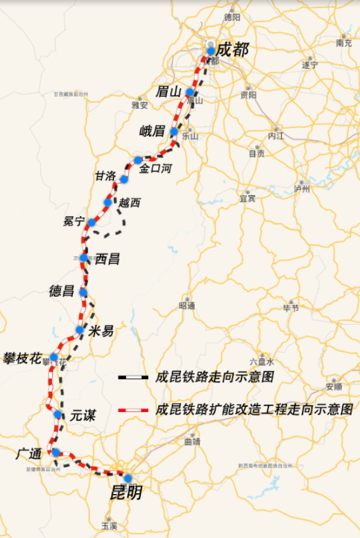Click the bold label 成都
pyautogui.click(x=233, y=51)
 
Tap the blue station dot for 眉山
pyautogui.click(x=190, y=92)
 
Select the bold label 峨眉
pyautogui.click(x=152, y=132)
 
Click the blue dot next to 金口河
pyautogui.click(x=138, y=159)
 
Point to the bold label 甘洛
pyautogui.click(x=104, y=177)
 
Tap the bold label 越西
pyautogui.click(x=130, y=202)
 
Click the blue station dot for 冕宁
pyautogui.click(x=90, y=223)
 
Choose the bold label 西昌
pyautogui.click(x=107, y=259)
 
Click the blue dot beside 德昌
pyautogui.click(x=83, y=292)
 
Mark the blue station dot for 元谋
pyautogui.click(x=57, y=414)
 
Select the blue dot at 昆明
pyautogui.click(x=127, y=478)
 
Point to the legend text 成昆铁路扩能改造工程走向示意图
pyautogui.click(x=253, y=410)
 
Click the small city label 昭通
pyautogui.click(x=186, y=306)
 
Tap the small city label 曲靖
pyautogui.click(x=192, y=442)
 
